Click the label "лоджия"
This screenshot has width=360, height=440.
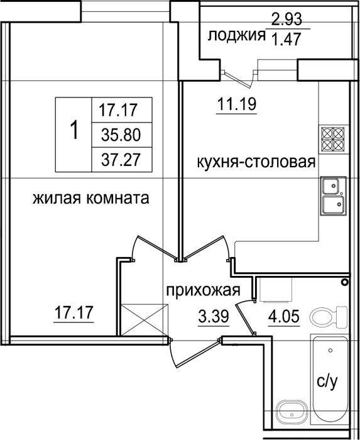[236, 36]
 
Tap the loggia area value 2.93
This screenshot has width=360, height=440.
[286, 19]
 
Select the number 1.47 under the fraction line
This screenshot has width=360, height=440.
[286, 40]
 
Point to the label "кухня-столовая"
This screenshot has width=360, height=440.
[256, 162]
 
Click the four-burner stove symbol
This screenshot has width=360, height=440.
[333, 138]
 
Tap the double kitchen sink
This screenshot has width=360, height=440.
[334, 196]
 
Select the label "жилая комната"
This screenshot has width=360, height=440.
[91, 199]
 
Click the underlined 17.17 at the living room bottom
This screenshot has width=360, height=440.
[74, 313]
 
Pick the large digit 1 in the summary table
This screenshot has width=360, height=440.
[74, 130]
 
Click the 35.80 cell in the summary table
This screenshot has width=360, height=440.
[121, 136]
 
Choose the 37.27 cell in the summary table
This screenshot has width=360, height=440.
[121, 160]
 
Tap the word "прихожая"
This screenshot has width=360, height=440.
[204, 290]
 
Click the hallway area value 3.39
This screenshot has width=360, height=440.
[214, 316]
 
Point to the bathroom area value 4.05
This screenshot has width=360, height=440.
[284, 316]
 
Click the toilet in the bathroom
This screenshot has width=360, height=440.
[329, 316]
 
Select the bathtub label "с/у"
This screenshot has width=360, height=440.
[327, 382]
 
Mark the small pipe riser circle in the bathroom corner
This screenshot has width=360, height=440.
[344, 282]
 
